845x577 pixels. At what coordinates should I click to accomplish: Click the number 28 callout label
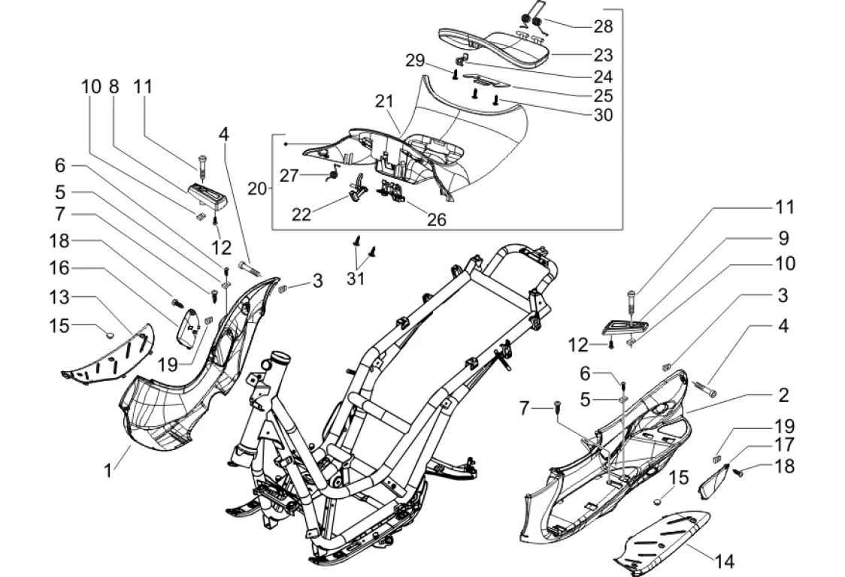point(603,27)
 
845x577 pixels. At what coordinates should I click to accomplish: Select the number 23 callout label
point(603,55)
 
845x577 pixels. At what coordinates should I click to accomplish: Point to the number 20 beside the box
point(257,189)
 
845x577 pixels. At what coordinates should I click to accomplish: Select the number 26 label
point(437,219)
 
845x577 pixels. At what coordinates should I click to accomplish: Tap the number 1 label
point(108,471)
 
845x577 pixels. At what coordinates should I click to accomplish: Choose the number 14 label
point(725,561)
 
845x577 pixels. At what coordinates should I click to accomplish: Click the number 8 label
point(114,86)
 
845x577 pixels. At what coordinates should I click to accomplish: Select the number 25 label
point(603,95)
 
